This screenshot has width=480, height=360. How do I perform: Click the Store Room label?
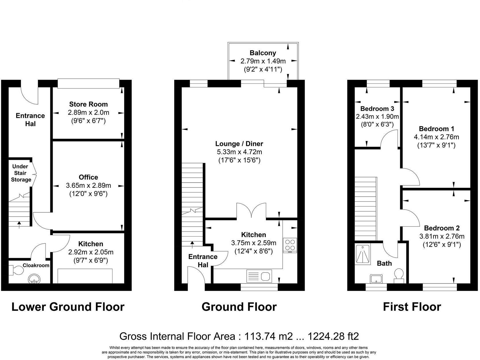click(x=88, y=104)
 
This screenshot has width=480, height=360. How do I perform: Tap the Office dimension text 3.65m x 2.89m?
click(x=88, y=185)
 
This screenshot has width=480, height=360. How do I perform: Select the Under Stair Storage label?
click(x=21, y=173)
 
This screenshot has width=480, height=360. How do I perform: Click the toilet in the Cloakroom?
click(x=16, y=271)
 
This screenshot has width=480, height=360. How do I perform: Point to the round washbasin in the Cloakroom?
click(x=34, y=279)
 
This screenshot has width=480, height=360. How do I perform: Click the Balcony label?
click(x=263, y=53)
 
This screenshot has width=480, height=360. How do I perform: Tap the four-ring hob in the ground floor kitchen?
click(x=290, y=245)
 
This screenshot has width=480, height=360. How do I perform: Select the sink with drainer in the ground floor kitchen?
click(x=259, y=276)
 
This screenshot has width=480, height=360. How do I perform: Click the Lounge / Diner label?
click(x=239, y=144)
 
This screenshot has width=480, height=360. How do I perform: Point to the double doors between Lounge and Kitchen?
click(x=252, y=211)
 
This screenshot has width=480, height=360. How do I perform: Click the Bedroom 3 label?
click(x=377, y=109)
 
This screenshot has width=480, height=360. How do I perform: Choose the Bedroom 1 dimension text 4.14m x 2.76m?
click(x=436, y=137)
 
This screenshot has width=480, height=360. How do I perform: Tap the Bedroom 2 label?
click(x=442, y=228)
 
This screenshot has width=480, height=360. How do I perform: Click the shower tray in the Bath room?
click(x=363, y=254)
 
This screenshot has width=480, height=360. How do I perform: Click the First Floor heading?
click(x=412, y=307)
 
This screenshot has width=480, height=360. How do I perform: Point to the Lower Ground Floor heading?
click(x=68, y=307)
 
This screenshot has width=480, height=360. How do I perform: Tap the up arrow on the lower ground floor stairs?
click(x=19, y=225)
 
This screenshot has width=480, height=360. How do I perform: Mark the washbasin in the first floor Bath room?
click(x=376, y=279)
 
